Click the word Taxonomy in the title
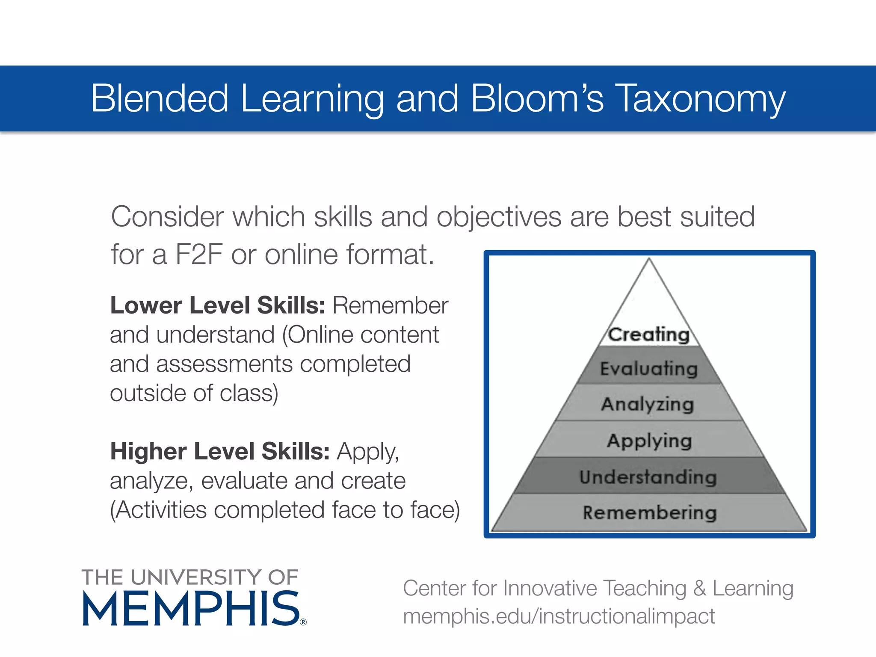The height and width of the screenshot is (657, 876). (x=700, y=99)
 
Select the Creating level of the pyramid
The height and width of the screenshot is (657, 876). (x=649, y=334)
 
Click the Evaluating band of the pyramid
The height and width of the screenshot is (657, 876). (x=649, y=368)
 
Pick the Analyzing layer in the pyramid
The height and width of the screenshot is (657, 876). (x=648, y=404)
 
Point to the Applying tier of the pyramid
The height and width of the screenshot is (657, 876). (x=649, y=440)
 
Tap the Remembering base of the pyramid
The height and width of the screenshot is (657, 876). (x=649, y=512)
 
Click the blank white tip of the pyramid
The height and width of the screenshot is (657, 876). (x=649, y=295)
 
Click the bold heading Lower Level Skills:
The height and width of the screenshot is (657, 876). (x=218, y=305)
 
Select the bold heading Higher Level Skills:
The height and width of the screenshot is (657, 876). (x=220, y=451)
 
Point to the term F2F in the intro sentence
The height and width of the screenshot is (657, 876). (x=199, y=255)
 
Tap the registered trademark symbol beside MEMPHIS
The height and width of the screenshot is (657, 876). (x=303, y=622)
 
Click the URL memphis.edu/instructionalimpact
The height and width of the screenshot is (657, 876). (x=559, y=616)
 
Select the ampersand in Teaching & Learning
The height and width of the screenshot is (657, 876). (x=699, y=588)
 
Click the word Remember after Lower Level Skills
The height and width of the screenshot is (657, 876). (x=391, y=305)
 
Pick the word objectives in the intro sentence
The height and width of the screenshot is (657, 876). (x=498, y=217)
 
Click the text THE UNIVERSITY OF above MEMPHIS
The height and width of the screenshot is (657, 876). (x=190, y=577)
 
